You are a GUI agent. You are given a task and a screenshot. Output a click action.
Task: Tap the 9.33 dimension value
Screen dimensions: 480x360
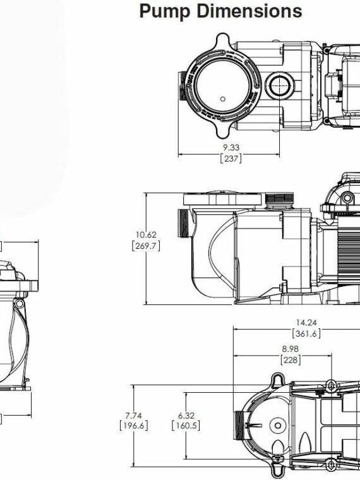[231, 147]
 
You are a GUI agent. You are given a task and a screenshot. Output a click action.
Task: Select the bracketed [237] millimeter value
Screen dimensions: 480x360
[231, 158]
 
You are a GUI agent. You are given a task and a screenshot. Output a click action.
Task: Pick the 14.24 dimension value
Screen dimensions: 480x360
[307, 323]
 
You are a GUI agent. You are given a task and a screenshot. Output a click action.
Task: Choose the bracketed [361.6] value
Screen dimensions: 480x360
[307, 333]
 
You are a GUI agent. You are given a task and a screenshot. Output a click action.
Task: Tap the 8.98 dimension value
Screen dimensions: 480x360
[291, 349]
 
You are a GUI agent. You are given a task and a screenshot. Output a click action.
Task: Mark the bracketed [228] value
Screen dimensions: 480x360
[291, 359]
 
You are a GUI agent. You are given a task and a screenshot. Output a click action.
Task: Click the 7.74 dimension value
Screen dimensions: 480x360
[133, 415]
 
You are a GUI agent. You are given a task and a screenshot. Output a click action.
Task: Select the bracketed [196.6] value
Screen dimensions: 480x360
[133, 426]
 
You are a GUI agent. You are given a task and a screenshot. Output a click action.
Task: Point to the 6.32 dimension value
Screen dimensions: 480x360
[186, 415]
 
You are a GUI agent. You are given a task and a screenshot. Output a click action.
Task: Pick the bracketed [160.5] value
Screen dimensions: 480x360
[186, 426]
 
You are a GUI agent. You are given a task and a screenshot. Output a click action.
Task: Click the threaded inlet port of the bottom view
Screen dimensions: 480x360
[239, 430]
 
